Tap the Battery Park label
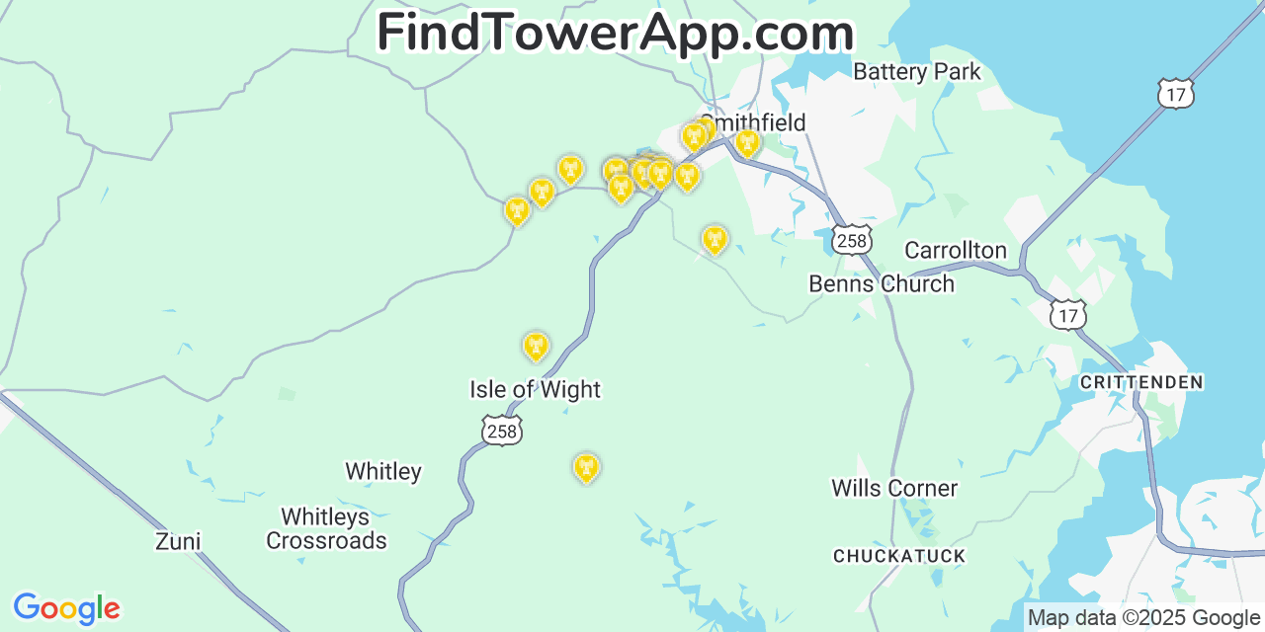click(917, 71)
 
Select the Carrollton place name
click(956, 250)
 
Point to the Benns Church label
click(882, 284)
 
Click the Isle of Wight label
click(535, 390)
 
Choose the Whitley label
click(383, 471)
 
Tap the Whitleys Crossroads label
click(326, 528)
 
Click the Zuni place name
click(178, 541)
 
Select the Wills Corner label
click(894, 488)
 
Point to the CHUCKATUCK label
click(899, 556)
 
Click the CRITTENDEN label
click(1141, 382)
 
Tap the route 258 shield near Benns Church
click(851, 240)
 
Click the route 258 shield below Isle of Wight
click(502, 431)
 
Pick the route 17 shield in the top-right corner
click(1176, 94)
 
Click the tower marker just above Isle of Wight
click(536, 346)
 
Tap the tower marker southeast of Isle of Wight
click(586, 467)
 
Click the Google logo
click(66, 608)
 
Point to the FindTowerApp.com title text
click(615, 33)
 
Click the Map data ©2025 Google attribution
click(1143, 618)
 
